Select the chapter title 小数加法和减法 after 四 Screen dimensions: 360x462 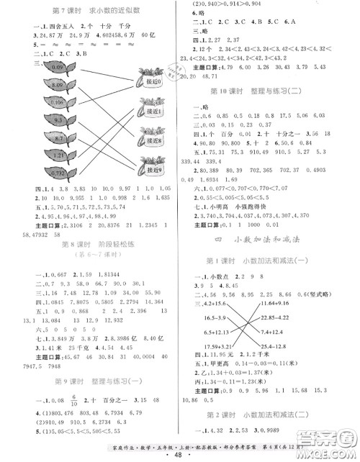point(270,256)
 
